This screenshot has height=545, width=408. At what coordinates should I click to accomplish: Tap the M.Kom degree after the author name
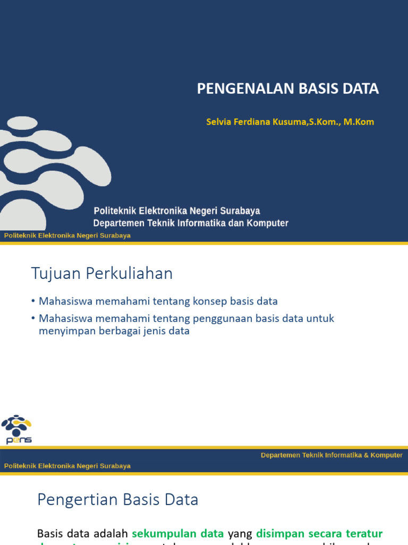pos(359,122)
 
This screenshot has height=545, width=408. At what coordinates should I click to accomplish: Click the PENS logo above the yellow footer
pos(16,429)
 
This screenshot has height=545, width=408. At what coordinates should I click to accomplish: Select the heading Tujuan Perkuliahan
pos(102,274)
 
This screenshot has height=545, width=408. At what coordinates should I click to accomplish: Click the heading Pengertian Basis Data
pos(117,499)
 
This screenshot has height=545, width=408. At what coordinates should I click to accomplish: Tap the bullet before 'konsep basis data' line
pos(33,301)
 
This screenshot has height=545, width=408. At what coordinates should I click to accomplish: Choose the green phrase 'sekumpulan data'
pos(178,533)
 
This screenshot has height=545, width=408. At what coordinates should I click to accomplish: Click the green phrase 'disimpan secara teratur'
pos(319,533)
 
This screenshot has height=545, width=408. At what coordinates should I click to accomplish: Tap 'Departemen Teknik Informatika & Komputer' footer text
pos(331,455)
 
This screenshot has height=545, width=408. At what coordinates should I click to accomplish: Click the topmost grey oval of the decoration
pos(22,123)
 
